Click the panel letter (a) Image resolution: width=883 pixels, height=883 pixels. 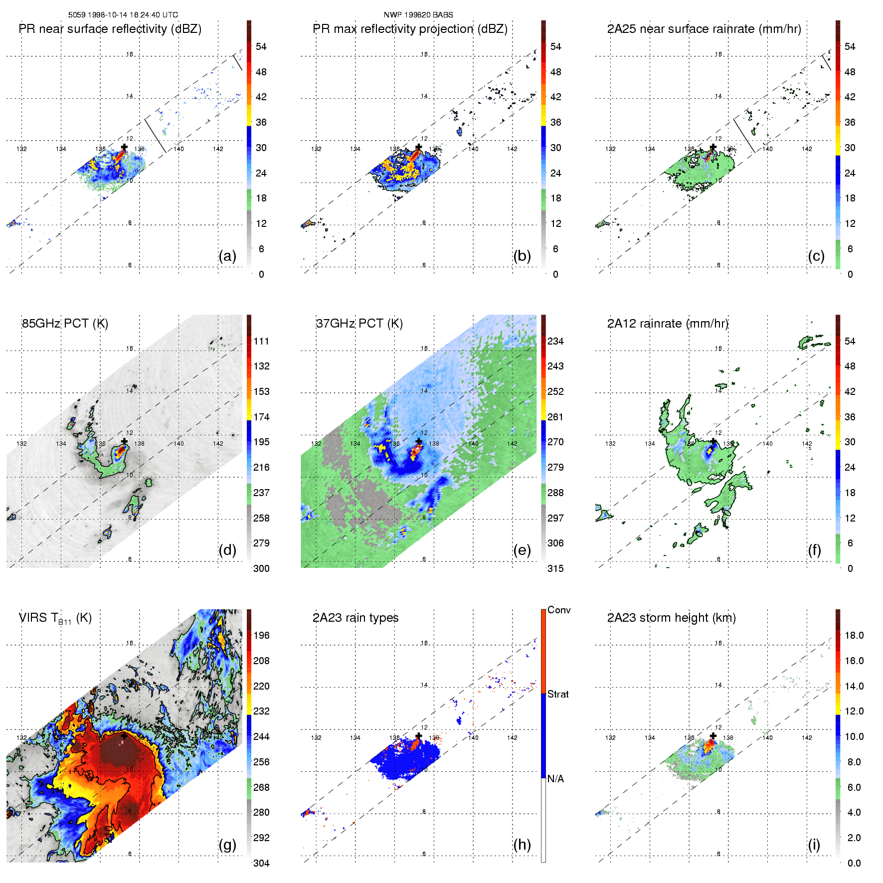point(227,256)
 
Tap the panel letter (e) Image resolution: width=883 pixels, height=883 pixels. point(522,550)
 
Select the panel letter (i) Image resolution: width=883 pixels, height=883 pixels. point(814,845)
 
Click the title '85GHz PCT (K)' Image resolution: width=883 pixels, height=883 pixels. point(65,324)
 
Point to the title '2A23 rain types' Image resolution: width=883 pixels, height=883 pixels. point(355,618)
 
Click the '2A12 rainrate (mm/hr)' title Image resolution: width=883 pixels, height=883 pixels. point(668,324)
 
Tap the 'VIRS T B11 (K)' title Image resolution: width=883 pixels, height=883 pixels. point(55,618)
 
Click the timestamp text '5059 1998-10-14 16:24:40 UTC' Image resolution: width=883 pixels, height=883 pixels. point(123,15)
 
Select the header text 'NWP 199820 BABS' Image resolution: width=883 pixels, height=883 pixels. point(418,15)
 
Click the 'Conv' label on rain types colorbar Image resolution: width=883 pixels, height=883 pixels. point(559,610)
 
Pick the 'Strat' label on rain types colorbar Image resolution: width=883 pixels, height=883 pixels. point(558,694)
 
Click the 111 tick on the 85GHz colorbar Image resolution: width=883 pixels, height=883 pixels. point(261,341)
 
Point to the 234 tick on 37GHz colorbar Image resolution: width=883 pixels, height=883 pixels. point(555,341)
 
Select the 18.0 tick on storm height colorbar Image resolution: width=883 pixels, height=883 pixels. point(854,635)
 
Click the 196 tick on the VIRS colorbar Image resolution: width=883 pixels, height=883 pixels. point(261,635)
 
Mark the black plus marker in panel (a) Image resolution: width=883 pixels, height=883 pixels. point(124,147)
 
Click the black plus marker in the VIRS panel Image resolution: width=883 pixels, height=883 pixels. point(124,736)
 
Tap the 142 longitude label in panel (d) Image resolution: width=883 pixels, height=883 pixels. point(218,443)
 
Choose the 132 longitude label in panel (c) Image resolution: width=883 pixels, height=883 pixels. point(610,149)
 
